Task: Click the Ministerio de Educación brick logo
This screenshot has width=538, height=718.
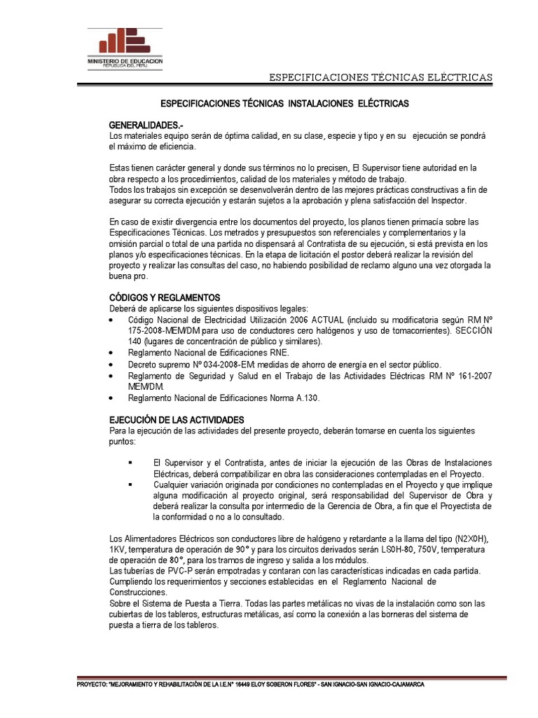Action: (125, 43)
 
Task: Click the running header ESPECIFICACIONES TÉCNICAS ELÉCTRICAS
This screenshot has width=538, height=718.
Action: (381, 76)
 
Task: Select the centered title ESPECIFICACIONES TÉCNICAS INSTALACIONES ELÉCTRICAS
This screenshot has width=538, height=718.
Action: (284, 103)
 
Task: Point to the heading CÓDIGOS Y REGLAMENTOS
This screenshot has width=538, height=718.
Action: (165, 297)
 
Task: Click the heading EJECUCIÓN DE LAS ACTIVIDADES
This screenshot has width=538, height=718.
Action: (177, 419)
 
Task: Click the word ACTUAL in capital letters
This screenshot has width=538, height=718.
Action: (325, 320)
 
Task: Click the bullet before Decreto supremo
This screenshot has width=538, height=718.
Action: (113, 365)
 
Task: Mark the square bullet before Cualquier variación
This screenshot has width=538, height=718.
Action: (130, 485)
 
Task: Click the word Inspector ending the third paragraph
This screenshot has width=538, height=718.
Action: (445, 201)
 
